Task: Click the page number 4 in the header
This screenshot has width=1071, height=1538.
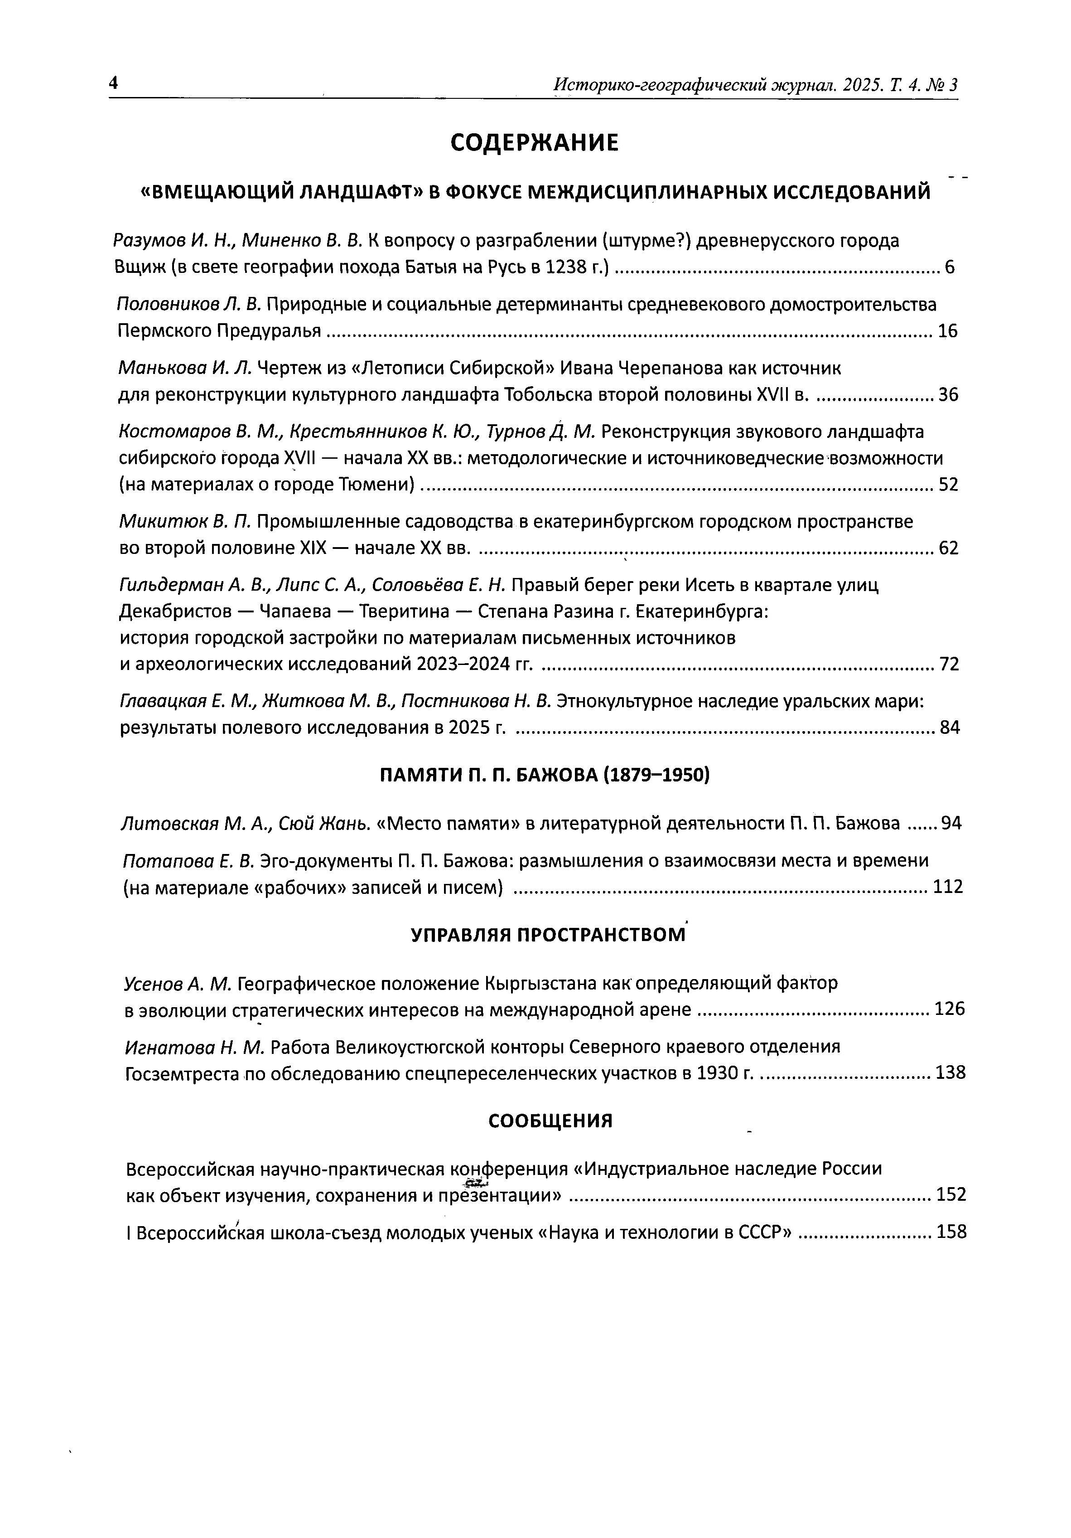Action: [113, 82]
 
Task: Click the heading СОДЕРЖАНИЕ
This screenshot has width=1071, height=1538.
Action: [534, 143]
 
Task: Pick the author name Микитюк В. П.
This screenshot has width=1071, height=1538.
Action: [185, 522]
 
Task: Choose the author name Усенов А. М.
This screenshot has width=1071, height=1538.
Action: [178, 983]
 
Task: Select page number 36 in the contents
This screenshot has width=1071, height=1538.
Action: [948, 395]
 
